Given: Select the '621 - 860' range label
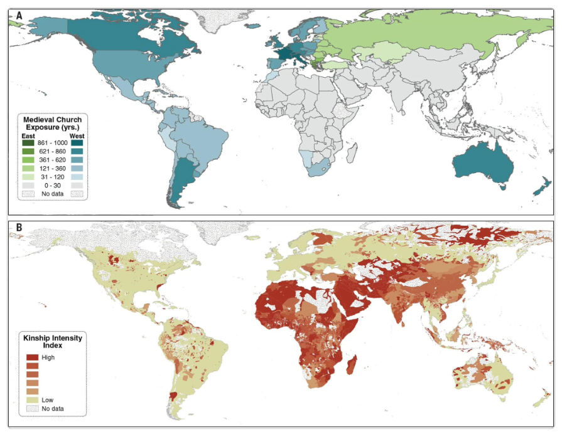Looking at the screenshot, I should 52,152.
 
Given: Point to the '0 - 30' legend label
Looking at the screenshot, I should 53,186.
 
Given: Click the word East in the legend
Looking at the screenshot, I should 28,135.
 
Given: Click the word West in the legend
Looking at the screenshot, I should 77,135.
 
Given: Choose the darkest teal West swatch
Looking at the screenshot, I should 77,143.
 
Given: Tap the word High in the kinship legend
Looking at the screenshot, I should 48,357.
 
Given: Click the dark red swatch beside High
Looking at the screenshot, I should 31,357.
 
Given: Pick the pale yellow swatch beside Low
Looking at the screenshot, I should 31,399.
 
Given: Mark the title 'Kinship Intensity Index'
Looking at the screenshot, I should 53,341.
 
